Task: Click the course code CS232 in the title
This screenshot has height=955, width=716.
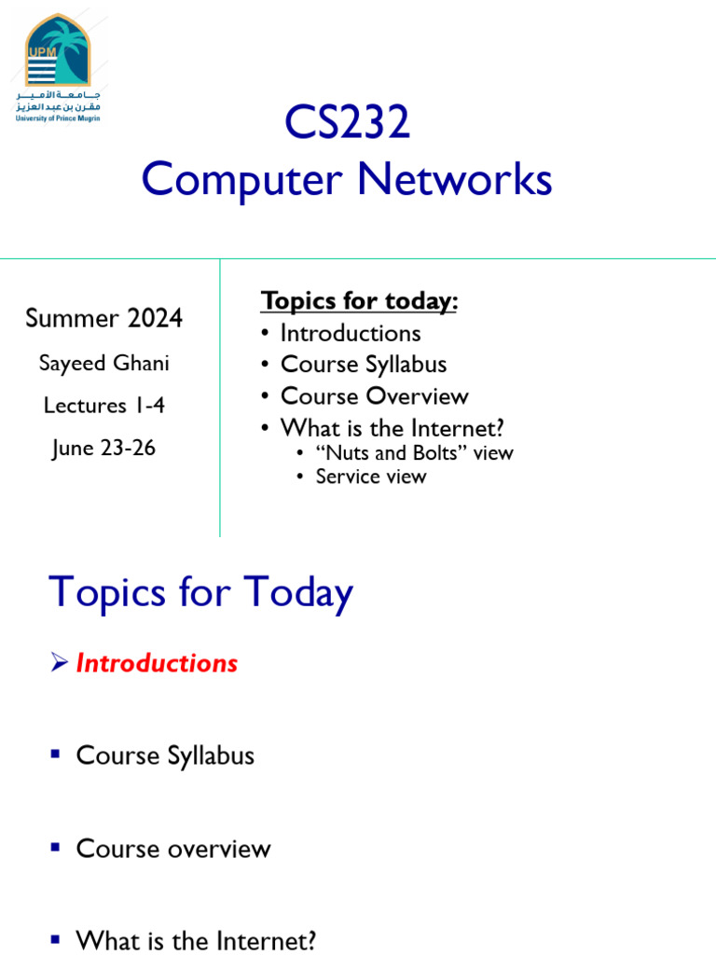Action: [347, 124]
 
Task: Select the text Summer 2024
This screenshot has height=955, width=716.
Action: [103, 319]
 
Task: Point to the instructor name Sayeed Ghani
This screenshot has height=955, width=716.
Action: [103, 363]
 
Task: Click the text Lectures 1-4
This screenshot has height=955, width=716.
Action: [103, 406]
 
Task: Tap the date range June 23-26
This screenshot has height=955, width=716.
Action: [103, 449]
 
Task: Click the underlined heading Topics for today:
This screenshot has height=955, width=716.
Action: [360, 301]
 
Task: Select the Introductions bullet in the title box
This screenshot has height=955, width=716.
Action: [351, 333]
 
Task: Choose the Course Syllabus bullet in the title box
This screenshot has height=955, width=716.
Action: [364, 365]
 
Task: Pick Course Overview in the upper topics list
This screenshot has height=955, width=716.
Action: [374, 396]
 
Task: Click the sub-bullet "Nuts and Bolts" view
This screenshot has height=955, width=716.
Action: [414, 453]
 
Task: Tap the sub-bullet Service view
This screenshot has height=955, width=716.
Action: [370, 477]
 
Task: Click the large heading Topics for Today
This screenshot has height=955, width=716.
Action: [200, 593]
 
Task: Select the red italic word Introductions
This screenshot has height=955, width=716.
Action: [157, 663]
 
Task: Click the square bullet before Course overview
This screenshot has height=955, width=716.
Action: [56, 848]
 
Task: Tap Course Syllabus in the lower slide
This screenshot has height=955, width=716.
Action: [165, 755]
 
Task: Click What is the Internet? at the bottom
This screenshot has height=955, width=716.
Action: [196, 941]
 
